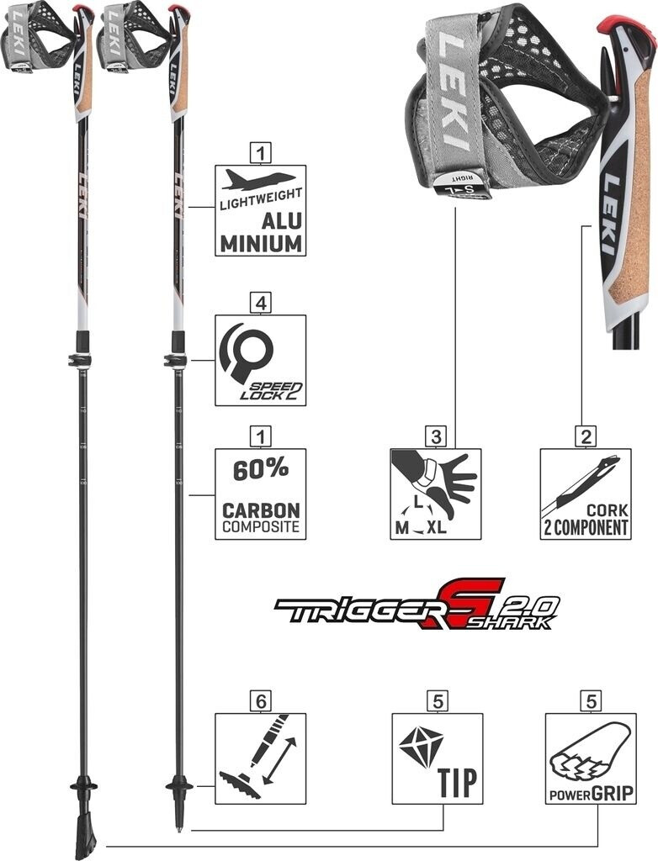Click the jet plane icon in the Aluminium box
coord(260,179)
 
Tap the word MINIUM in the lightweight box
coord(260,244)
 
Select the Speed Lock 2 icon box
coord(260,360)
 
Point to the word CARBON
coord(260,510)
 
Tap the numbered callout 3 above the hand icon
coord(434,436)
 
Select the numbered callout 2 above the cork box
coord(585,436)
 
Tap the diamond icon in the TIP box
coord(420,746)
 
